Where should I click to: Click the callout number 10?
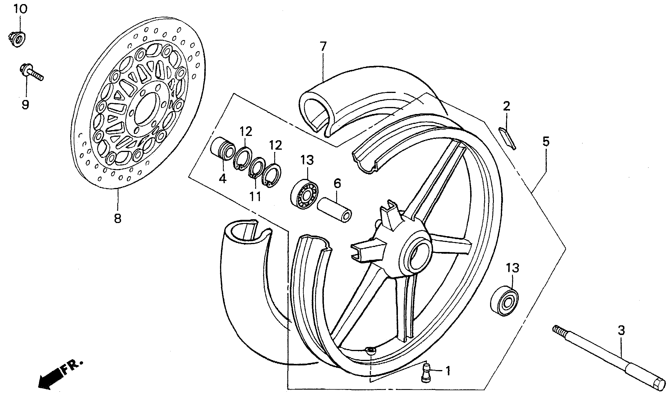click(20, 9)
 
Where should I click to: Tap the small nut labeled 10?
click(18, 39)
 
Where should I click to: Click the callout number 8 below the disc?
click(117, 217)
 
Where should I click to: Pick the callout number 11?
click(255, 196)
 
